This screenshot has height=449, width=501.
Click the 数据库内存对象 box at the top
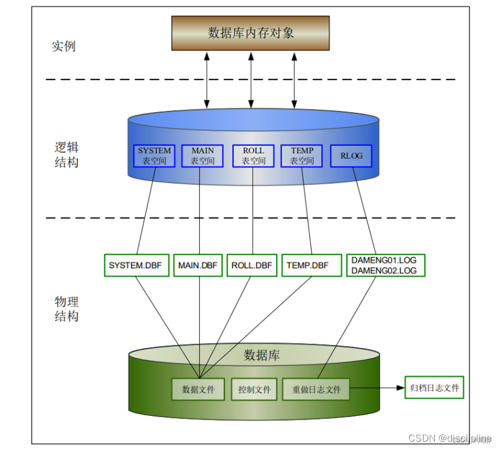point(250,32)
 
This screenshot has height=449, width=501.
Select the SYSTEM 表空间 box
point(155,156)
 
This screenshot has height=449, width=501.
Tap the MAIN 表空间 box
point(202,156)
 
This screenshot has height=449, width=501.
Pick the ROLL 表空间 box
point(253,156)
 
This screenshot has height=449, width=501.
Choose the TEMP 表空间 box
point(302,156)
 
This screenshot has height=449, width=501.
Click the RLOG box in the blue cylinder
point(351,156)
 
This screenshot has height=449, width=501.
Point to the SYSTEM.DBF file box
point(136,265)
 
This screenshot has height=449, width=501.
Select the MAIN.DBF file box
point(197,265)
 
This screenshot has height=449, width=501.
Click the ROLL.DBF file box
point(251,265)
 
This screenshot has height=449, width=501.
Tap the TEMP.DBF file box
point(307,265)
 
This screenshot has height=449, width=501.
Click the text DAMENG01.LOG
point(384,260)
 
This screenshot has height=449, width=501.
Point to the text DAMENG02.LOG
point(384,270)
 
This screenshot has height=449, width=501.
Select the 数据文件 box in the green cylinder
point(199,389)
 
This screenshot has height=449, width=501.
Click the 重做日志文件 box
point(316,389)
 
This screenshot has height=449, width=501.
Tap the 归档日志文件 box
point(434,388)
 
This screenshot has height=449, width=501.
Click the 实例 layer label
point(64,47)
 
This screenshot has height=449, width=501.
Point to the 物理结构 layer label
point(66,309)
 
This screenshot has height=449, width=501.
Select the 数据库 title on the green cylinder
point(262,355)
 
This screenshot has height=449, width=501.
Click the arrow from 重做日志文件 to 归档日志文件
point(377,388)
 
